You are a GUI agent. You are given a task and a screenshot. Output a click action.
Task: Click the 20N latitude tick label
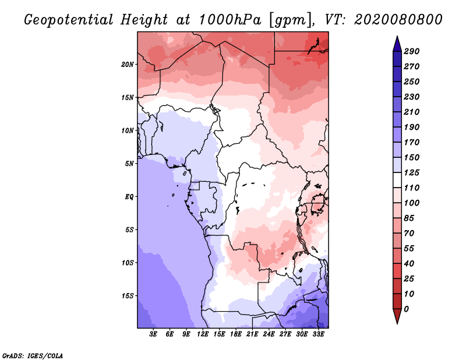128,65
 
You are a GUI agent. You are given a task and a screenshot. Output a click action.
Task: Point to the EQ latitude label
129,197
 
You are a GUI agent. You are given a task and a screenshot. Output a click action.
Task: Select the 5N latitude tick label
129,164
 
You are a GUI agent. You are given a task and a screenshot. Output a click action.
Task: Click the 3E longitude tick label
153,334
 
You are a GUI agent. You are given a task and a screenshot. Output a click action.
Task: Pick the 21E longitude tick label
252,334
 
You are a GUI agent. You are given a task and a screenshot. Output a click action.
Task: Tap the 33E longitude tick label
318,334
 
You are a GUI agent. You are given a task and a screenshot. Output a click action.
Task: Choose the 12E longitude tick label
202,334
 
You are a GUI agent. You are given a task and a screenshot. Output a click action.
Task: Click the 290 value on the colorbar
411,51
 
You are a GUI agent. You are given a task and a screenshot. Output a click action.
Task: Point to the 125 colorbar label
411,172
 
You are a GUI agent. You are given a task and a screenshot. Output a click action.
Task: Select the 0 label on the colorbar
406,309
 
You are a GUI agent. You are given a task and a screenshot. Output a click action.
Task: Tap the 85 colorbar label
409,218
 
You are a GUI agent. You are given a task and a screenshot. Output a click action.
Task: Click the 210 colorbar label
411,112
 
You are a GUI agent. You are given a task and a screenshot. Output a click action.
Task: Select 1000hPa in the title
230,20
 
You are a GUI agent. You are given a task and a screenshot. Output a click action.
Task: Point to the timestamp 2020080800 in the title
398,20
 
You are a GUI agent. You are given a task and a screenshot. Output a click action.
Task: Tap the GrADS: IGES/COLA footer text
33,355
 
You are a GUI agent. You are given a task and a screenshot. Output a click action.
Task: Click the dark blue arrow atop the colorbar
397,44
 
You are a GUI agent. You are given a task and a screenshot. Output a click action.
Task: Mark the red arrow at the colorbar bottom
397,316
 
